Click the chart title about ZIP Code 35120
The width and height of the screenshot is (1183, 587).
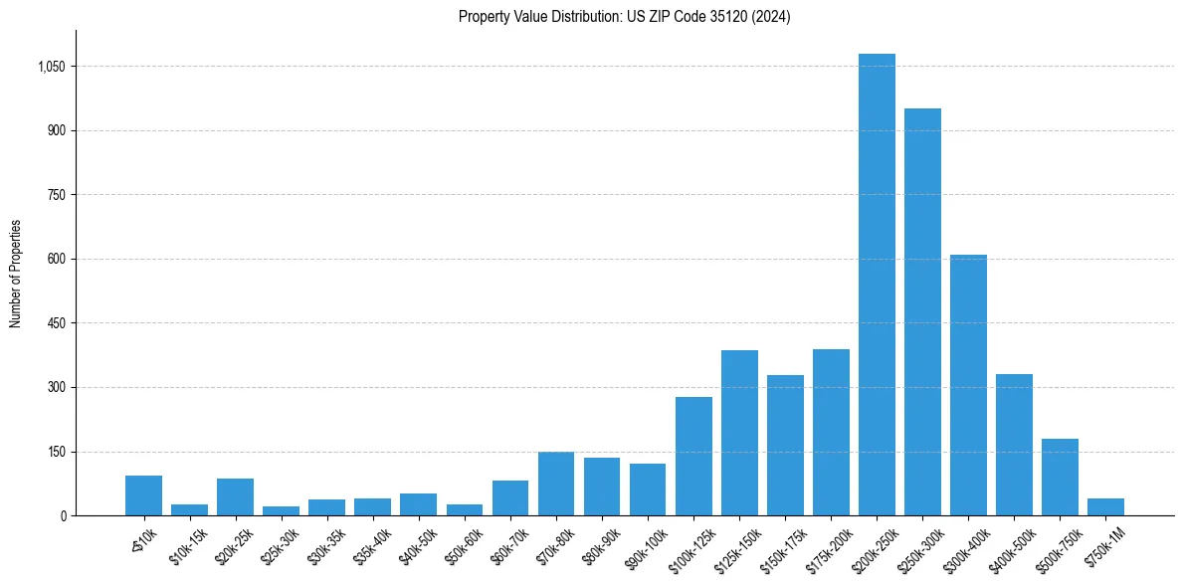click(x=624, y=16)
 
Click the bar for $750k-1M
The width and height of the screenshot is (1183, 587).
click(x=1105, y=507)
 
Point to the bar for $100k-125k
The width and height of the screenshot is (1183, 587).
click(x=693, y=456)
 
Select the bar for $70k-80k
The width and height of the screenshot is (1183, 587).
click(x=556, y=484)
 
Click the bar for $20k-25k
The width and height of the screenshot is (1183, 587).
click(x=235, y=497)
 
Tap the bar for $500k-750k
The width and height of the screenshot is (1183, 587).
click(x=1060, y=478)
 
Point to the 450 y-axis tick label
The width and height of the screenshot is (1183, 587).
click(x=57, y=323)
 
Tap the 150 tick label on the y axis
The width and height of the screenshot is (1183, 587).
click(x=57, y=452)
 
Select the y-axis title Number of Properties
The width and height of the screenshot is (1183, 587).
click(x=15, y=274)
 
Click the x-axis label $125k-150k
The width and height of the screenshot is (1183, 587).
click(x=737, y=546)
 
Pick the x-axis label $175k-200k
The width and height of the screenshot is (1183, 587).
click(x=829, y=546)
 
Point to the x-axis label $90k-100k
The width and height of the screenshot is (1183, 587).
click(x=647, y=545)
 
